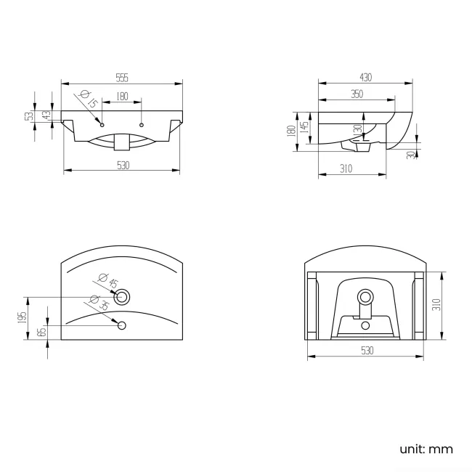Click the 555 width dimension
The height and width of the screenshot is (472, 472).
click(x=121, y=77)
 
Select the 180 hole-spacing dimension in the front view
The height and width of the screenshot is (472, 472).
click(x=121, y=96)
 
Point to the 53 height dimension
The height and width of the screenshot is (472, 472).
click(x=30, y=116)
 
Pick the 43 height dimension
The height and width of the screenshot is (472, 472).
click(x=46, y=115)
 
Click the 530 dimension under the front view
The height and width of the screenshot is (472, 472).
click(x=123, y=166)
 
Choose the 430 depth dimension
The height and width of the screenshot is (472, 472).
click(x=365, y=78)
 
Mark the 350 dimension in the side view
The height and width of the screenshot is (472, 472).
click(x=357, y=94)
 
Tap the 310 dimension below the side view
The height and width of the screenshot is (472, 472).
click(x=346, y=169)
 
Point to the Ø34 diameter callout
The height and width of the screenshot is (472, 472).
click(x=99, y=303)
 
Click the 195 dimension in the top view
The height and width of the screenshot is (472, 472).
click(x=23, y=317)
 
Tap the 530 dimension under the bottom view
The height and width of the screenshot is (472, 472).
click(x=366, y=351)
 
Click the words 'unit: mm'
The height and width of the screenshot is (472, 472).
click(x=426, y=449)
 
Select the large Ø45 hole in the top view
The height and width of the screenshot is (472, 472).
click(x=123, y=296)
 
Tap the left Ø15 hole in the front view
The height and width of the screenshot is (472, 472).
click(x=102, y=117)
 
